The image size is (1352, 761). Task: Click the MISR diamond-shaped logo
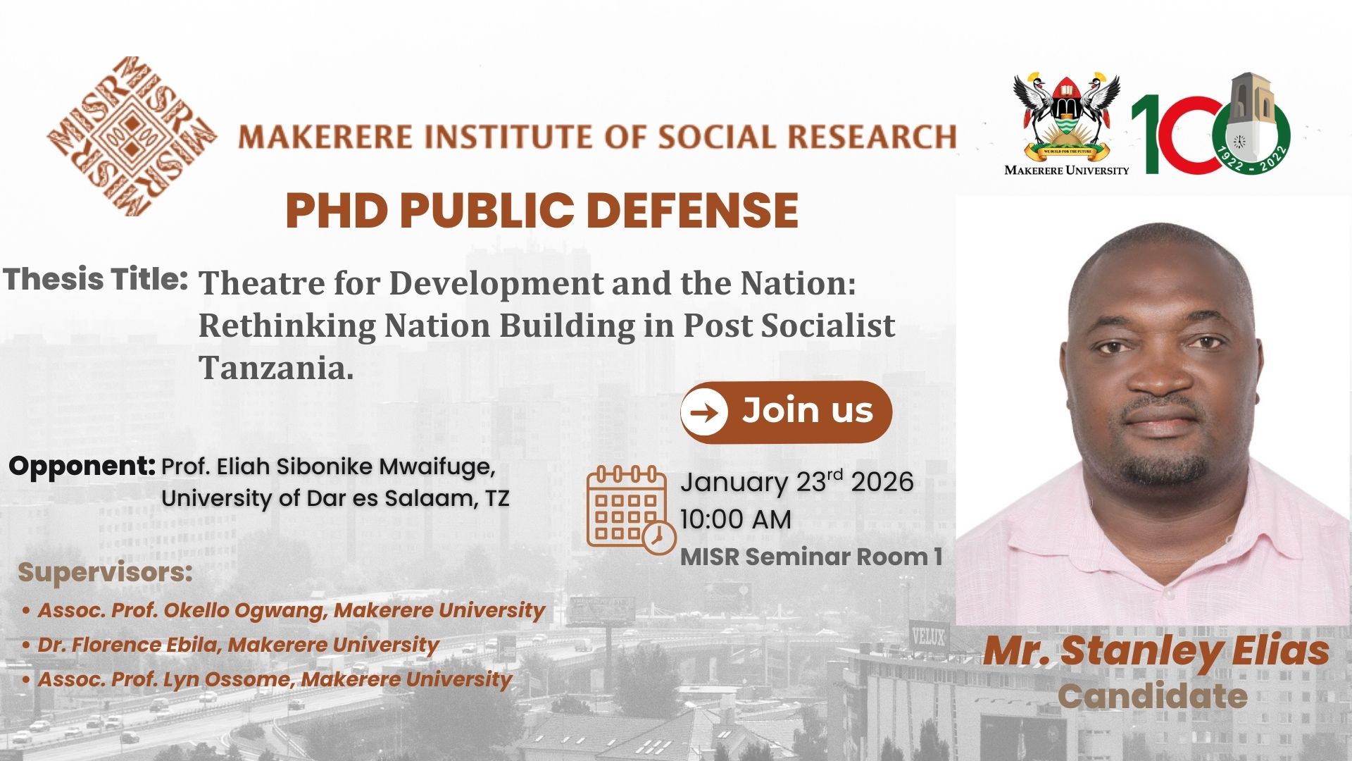(132, 136)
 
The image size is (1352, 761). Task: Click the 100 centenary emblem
(1211, 124)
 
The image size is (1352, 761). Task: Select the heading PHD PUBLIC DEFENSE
(542, 211)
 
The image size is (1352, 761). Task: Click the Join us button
(786, 412)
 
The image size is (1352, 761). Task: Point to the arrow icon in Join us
(705, 412)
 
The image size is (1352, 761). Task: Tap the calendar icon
(631, 509)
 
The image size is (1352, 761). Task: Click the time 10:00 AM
(736, 519)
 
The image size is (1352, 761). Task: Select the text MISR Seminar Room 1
(811, 557)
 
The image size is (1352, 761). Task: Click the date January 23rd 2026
(797, 482)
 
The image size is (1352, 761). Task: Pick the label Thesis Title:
(96, 279)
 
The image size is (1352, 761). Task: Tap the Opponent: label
(82, 466)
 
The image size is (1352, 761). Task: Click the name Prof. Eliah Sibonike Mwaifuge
(329, 466)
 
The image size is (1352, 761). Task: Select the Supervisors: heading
(105, 572)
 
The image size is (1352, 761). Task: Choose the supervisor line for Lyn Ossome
(268, 679)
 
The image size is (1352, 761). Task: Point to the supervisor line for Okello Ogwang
(284, 610)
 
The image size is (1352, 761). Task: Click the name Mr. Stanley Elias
(1156, 651)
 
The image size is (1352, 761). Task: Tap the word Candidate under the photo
(1153, 696)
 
